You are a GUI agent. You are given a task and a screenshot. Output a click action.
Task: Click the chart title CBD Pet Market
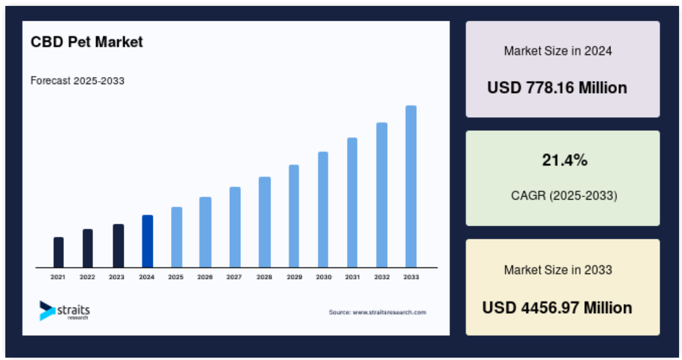pyautogui.click(x=86, y=41)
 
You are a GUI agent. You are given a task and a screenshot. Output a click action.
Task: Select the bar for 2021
pyautogui.click(x=58, y=252)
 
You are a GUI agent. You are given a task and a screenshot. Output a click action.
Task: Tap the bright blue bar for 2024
pyautogui.click(x=147, y=242)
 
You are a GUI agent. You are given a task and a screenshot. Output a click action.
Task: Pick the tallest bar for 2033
pyautogui.click(x=411, y=187)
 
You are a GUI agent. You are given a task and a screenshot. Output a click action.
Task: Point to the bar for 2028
pyautogui.click(x=265, y=222)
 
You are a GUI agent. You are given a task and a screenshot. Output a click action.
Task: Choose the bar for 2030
pyautogui.click(x=323, y=210)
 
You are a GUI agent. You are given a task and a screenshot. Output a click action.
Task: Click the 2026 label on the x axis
pyautogui.click(x=205, y=277)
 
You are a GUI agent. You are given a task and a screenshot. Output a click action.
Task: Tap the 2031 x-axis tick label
pyautogui.click(x=352, y=277)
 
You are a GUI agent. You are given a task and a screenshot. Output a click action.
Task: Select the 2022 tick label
pyautogui.click(x=87, y=277)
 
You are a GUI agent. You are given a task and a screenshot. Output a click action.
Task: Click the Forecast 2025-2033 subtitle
pyautogui.click(x=78, y=81)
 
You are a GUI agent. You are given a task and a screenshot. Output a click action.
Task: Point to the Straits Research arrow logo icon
pyautogui.click(x=47, y=311)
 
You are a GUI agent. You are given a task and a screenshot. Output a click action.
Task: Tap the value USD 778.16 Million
pyautogui.click(x=557, y=88)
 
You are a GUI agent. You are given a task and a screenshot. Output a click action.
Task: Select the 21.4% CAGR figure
pyautogui.click(x=565, y=160)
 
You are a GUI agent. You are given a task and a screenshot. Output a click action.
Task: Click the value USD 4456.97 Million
pyautogui.click(x=557, y=308)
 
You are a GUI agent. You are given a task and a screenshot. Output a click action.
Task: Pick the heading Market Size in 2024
pyautogui.click(x=558, y=51)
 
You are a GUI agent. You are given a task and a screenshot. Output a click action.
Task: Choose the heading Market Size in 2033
pyautogui.click(x=558, y=270)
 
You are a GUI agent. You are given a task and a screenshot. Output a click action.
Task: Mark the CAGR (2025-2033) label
pyautogui.click(x=564, y=195)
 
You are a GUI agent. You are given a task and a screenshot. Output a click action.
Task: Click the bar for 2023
pyautogui.click(x=118, y=246)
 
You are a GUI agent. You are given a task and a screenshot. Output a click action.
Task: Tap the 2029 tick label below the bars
pyautogui.click(x=294, y=277)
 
